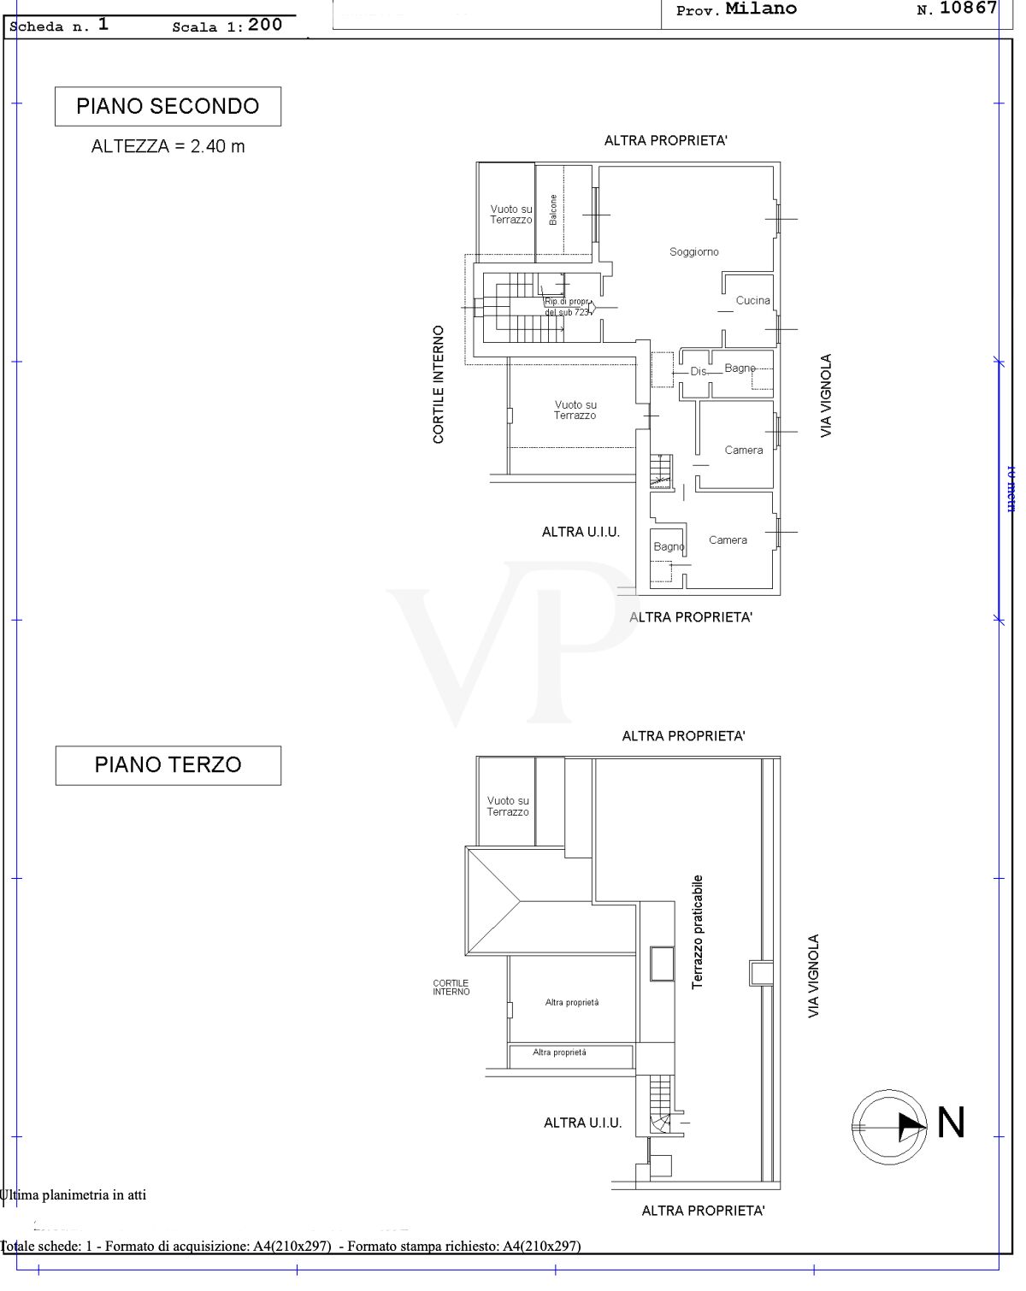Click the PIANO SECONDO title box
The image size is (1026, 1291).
(168, 107)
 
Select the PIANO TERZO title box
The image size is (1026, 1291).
(168, 765)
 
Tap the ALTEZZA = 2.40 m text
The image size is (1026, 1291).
(168, 146)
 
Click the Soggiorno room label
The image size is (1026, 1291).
(693, 252)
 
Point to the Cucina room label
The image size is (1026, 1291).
(752, 301)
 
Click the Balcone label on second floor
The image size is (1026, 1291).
(553, 209)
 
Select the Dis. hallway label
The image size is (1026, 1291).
(699, 372)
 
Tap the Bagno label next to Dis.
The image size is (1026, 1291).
(740, 368)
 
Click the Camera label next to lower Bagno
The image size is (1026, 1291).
(728, 540)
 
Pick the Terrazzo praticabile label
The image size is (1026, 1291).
(698, 932)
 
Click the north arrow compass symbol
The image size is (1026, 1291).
(889, 1126)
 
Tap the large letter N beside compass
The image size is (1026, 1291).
(951, 1123)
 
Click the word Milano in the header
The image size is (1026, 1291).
(761, 9)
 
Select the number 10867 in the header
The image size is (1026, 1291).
(968, 9)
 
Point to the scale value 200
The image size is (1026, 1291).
(265, 25)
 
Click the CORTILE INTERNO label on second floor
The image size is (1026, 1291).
(439, 385)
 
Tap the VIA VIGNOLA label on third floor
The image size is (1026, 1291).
(814, 976)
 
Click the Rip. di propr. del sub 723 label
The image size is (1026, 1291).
(567, 307)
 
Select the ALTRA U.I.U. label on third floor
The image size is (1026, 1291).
(582, 1123)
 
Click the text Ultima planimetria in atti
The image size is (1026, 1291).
(74, 1195)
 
